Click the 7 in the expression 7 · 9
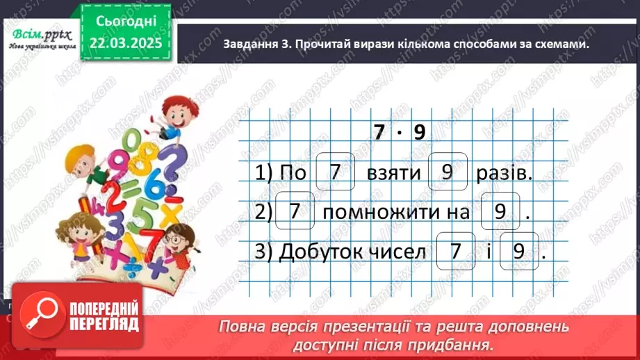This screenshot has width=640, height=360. (x=378, y=133)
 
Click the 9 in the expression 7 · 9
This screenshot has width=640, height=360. (x=418, y=133)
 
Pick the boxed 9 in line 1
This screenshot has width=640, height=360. (x=448, y=172)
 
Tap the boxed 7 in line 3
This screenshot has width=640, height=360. (x=455, y=251)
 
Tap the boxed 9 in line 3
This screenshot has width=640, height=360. (x=519, y=251)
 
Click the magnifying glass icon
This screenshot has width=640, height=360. (x=39, y=319)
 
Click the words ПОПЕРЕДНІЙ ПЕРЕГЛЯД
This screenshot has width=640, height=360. (x=104, y=318)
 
